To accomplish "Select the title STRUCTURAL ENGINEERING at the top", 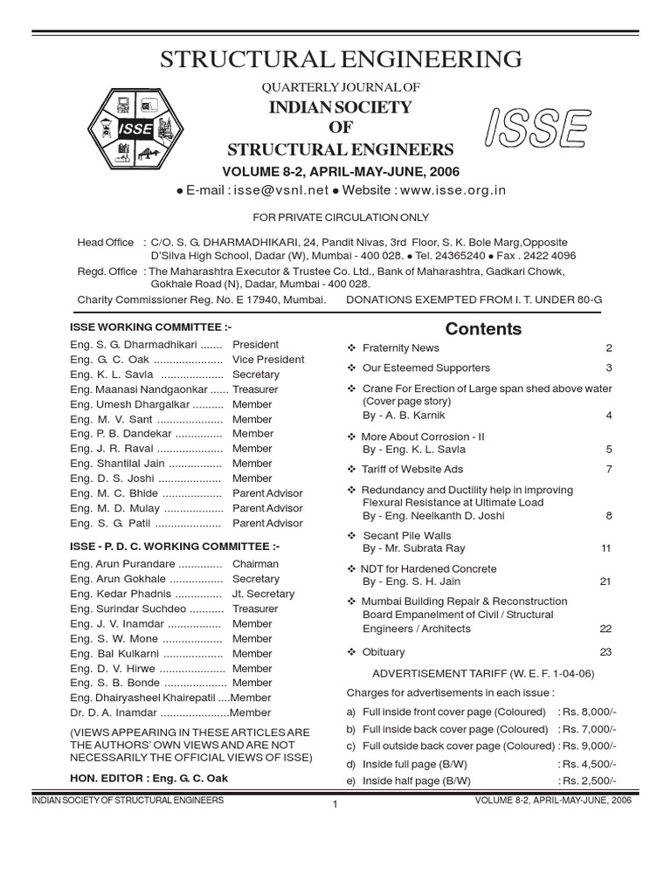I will pyautogui.click(x=342, y=59).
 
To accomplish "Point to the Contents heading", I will pyautogui.click(x=483, y=329).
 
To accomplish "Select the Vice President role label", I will pyautogui.click(x=268, y=360).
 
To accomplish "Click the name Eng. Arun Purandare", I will pyautogui.click(x=128, y=564).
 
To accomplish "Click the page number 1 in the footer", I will pyautogui.click(x=335, y=804).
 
